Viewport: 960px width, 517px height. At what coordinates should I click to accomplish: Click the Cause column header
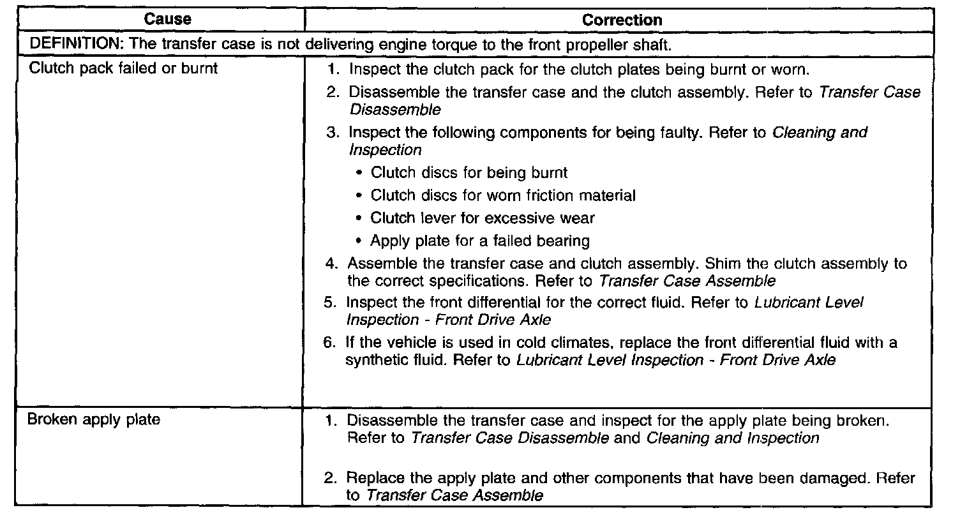[x=168, y=19]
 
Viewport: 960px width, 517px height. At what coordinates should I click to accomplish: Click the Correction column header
[x=622, y=20]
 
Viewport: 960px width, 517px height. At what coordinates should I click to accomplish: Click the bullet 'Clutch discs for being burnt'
[x=469, y=172]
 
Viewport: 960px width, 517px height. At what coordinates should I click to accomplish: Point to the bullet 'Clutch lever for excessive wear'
[x=483, y=218]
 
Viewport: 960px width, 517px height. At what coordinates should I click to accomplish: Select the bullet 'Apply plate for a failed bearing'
[x=480, y=241]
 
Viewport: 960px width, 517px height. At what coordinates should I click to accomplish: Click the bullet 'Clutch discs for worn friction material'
[x=503, y=195]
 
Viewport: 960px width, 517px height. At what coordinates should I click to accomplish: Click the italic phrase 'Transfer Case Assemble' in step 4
[x=688, y=281]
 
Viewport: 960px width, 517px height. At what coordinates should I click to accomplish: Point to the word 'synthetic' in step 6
[x=377, y=360]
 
